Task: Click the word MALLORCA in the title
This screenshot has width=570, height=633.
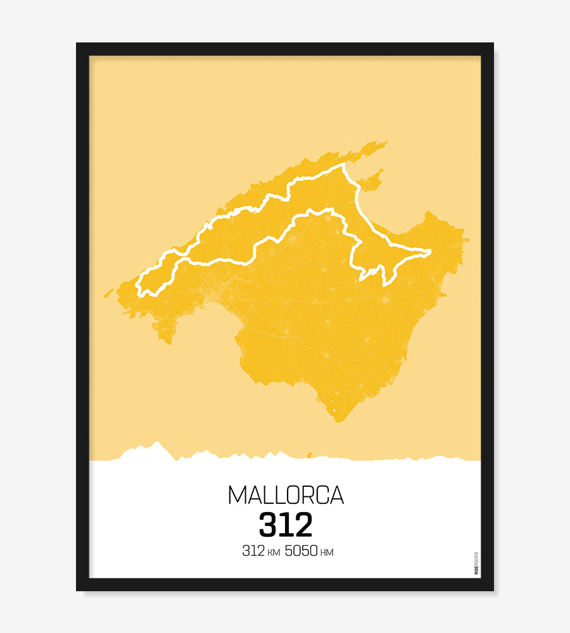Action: [286, 495]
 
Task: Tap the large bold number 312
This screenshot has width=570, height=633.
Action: [286, 525]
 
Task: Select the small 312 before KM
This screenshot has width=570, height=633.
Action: [253, 551]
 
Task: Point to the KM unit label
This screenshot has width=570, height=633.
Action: [273, 553]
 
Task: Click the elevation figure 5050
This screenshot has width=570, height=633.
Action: [301, 551]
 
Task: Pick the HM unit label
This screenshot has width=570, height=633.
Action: [327, 553]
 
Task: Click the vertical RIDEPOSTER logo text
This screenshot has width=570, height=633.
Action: [476, 563]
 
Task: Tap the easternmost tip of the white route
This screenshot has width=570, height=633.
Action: [430, 252]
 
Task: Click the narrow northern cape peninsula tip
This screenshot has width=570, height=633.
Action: [384, 143]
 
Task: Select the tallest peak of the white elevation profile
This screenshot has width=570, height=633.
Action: [156, 442]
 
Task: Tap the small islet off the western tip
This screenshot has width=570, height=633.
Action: [108, 293]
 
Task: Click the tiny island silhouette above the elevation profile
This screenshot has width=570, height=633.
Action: [310, 453]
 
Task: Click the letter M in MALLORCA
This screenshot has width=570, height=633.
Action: [236, 495]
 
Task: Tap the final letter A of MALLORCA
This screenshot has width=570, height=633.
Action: [336, 495]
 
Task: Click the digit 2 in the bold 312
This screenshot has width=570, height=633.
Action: [303, 525]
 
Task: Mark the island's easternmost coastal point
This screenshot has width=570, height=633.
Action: [468, 240]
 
